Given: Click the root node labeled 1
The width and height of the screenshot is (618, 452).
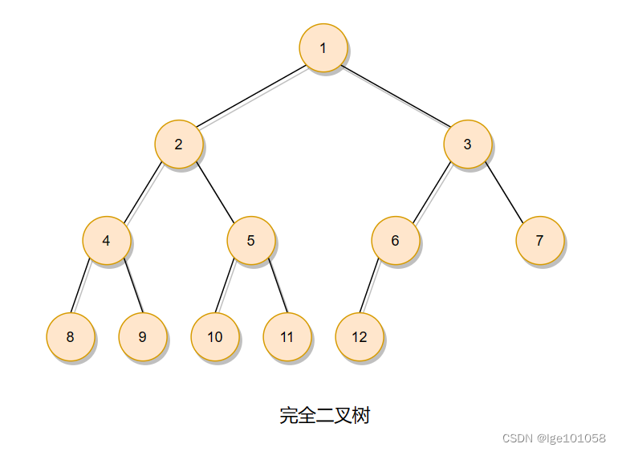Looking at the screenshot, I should [x=323, y=47].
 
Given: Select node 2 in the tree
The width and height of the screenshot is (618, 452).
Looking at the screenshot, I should [x=178, y=145].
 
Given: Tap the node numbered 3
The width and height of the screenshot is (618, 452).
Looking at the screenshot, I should [x=467, y=145].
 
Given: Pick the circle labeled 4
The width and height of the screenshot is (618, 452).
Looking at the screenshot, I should [x=106, y=240].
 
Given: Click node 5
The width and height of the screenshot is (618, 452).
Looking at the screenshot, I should [x=250, y=240].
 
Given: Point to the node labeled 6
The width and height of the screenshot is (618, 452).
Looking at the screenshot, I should [x=395, y=240].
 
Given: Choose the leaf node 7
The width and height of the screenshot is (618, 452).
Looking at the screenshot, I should [x=539, y=240].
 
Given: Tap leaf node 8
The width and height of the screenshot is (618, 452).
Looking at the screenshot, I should [x=70, y=336].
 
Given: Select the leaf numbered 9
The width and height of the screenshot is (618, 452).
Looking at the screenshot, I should [x=142, y=336].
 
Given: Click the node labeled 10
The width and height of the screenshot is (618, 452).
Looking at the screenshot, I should [x=214, y=336].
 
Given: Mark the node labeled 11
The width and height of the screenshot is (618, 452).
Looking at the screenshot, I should [x=287, y=336].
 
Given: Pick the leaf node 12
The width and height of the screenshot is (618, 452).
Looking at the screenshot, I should [x=359, y=336].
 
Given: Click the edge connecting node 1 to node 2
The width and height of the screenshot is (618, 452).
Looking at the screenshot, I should [x=250, y=96].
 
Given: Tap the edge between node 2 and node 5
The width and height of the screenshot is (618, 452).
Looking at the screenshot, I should [x=214, y=193].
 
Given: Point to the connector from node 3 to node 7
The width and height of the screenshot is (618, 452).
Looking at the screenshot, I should [x=503, y=193].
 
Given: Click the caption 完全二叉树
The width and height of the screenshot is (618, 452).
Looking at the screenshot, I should [x=324, y=415].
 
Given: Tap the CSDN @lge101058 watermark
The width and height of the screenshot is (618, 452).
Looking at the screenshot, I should [x=553, y=438].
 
